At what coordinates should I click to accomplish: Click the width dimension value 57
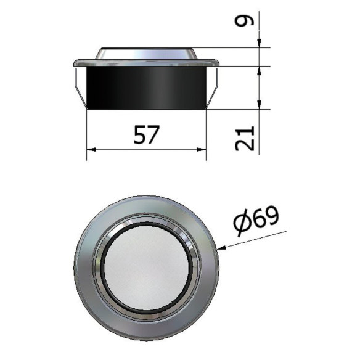pyautogui.click(x=147, y=135)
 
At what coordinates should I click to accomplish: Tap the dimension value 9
pyautogui.click(x=245, y=21)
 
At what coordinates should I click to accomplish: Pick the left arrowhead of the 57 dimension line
pyautogui.click(x=91, y=149)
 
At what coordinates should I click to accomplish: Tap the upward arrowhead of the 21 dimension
pyautogui.click(x=260, y=70)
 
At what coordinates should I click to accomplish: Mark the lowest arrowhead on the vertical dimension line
pyautogui.click(x=260, y=105)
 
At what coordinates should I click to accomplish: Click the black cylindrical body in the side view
pyautogui.click(x=146, y=87)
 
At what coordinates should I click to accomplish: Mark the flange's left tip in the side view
pyautogui.click(x=75, y=62)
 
